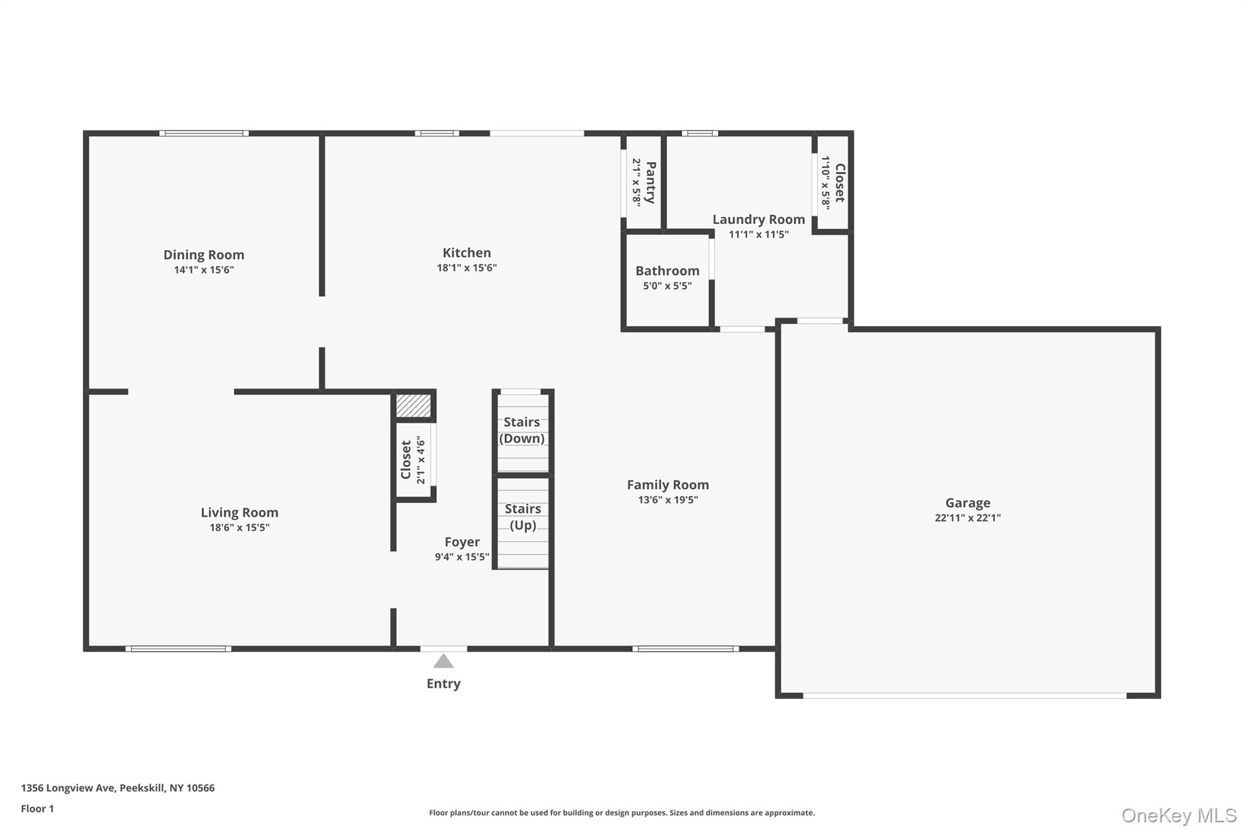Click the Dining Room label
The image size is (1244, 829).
(x=203, y=254)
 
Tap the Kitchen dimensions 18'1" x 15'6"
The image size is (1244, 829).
(x=466, y=268)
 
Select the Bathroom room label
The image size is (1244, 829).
(x=667, y=271)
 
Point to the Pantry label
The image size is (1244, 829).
(x=650, y=182)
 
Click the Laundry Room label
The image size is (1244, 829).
(x=758, y=219)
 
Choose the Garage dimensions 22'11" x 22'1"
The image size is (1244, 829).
(x=967, y=518)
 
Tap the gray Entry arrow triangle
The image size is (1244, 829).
(x=443, y=661)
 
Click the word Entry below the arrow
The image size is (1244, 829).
(x=443, y=684)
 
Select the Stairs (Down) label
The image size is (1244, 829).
(x=522, y=430)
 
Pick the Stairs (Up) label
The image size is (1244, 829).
(x=522, y=517)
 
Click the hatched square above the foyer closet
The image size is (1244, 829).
(x=413, y=406)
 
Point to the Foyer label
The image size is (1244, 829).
(x=462, y=542)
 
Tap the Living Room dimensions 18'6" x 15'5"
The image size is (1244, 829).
(x=239, y=528)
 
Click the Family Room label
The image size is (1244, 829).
(x=668, y=485)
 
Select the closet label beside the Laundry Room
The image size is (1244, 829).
(x=839, y=183)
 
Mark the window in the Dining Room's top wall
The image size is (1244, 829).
(x=203, y=133)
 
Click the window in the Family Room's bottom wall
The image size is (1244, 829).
(x=685, y=649)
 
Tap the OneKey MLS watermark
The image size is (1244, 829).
(x=1178, y=815)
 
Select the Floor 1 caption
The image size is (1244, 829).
(x=37, y=808)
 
